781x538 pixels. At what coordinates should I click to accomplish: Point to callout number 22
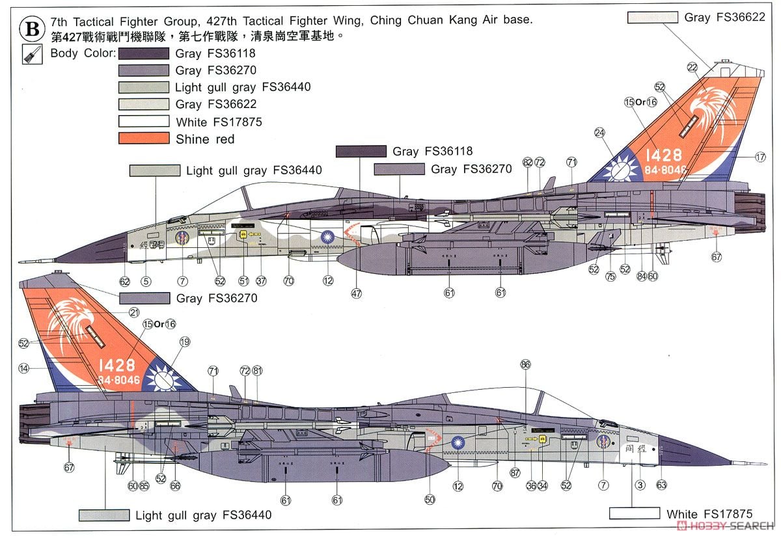pyautogui.click(x=692, y=67)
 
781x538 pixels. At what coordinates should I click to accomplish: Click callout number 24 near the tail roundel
pyautogui.click(x=599, y=132)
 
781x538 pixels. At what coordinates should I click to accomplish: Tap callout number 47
pyautogui.click(x=357, y=294)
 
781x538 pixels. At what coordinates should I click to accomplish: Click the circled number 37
pyautogui.click(x=261, y=281)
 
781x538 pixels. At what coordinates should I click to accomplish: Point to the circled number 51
pyautogui.click(x=243, y=281)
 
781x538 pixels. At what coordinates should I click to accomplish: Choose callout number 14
pyautogui.click(x=24, y=368)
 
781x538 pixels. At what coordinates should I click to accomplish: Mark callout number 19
pyautogui.click(x=185, y=342)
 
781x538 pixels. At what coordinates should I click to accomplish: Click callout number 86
pyautogui.click(x=526, y=365)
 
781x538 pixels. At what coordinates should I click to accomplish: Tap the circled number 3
pyautogui.click(x=640, y=485)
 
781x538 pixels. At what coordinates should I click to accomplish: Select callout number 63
pyautogui.click(x=661, y=485)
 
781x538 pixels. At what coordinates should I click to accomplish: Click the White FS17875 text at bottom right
pyautogui.click(x=709, y=514)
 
